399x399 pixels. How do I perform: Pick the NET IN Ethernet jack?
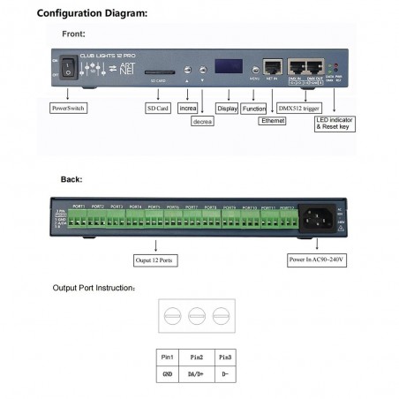275,67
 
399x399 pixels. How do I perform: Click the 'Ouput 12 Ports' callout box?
155,260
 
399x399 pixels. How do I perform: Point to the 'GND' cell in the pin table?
168,373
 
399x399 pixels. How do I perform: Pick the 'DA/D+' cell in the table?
198,373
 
